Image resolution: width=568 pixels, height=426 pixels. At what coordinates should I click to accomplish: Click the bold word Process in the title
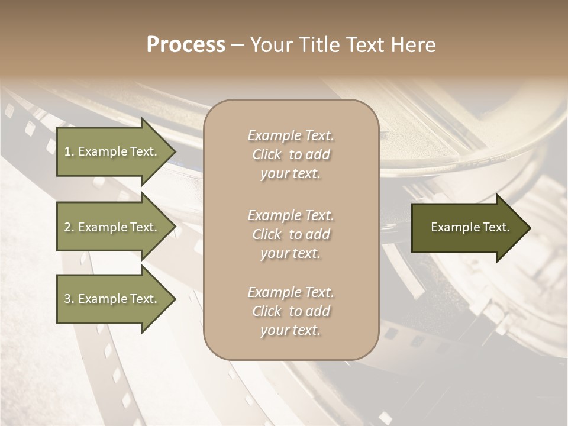(x=186, y=45)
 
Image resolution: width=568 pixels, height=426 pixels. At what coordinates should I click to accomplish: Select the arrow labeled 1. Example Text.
(x=112, y=151)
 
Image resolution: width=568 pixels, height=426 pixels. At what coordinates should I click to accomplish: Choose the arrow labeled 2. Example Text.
(x=112, y=227)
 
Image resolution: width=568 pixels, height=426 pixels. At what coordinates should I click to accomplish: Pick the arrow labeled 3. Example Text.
(x=112, y=299)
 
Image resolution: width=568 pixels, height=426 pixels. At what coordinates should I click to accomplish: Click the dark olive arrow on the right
(x=467, y=228)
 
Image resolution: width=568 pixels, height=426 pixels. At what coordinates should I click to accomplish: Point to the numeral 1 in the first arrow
(x=67, y=151)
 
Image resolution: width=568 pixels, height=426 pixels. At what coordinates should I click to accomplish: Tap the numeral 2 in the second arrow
(x=67, y=227)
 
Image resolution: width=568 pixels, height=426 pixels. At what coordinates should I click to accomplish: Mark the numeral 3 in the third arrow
(x=67, y=299)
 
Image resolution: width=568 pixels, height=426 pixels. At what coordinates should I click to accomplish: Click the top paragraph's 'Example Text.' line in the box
(x=291, y=135)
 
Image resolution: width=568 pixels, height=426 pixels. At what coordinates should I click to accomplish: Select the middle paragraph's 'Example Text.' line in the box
(x=291, y=215)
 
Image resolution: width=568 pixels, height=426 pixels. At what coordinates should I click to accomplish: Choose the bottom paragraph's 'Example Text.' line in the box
(x=291, y=292)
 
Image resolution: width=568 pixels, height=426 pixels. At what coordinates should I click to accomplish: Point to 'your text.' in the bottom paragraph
(x=291, y=330)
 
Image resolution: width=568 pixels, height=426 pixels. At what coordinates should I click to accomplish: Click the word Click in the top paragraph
(x=267, y=155)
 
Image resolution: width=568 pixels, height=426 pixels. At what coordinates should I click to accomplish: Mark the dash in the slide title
(x=238, y=46)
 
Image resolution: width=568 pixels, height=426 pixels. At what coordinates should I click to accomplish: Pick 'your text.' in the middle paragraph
(x=291, y=253)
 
